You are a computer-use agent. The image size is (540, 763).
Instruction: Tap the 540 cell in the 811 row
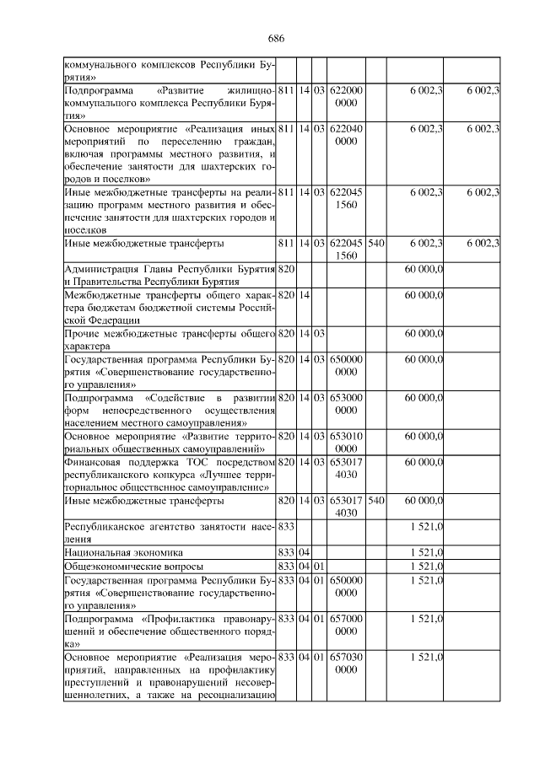tap(376, 244)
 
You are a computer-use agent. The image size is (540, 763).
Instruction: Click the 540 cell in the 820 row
tap(376, 501)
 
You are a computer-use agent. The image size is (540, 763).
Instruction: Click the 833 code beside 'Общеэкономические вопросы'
tap(287, 565)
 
